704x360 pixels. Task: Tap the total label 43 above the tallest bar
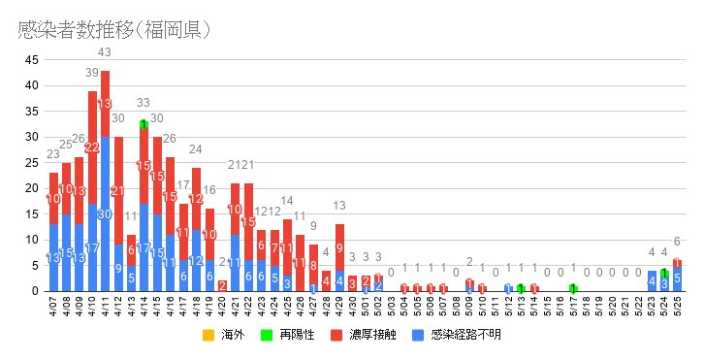[105, 51]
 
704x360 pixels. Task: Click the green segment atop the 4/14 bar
[144, 123]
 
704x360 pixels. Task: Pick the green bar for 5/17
[573, 288]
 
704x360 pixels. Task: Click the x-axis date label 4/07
[53, 309]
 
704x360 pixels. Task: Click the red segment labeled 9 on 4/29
[339, 247]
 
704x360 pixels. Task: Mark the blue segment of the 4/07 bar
[53, 258]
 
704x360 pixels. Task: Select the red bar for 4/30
[352, 283]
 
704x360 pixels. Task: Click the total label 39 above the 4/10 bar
[92, 73]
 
